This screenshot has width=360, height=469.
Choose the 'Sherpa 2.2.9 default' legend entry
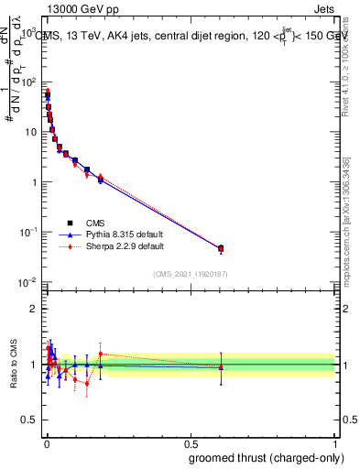point(115,246)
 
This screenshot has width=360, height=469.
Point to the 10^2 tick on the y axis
point(28,82)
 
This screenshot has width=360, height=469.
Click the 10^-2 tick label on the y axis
point(28,281)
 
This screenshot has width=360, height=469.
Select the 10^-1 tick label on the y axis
point(28,232)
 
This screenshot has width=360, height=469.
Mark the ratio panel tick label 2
point(34,309)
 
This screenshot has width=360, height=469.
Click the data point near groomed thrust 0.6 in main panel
point(221,248)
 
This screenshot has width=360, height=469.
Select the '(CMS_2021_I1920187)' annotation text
point(190,273)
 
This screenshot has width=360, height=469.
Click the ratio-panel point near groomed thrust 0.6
point(221,366)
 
